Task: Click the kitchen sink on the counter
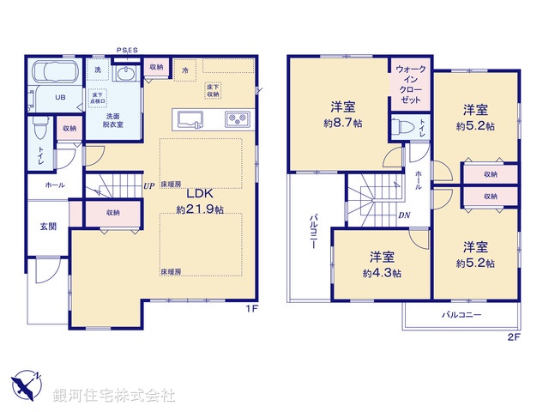click(189, 118)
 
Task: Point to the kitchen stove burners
click(237, 118)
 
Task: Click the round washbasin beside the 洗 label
click(126, 74)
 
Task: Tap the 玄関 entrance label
click(48, 227)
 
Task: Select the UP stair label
click(148, 185)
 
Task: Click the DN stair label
click(402, 216)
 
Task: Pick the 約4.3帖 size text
click(382, 273)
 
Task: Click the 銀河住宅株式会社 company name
click(113, 395)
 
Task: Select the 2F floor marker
click(513, 337)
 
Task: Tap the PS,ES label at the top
click(127, 51)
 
